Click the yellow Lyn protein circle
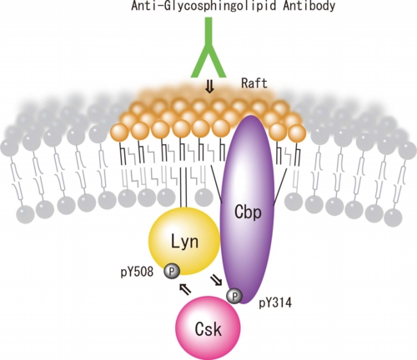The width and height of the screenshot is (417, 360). point(184,242)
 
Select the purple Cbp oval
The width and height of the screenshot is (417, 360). point(248,209)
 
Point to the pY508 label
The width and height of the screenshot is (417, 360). point(137,272)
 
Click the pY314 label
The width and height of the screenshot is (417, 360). point(275,303)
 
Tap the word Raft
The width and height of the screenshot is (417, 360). point(254,83)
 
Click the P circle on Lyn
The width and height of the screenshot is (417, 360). point(172,271)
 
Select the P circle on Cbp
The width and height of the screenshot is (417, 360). point(234,296)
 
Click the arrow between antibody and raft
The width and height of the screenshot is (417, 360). point(209,88)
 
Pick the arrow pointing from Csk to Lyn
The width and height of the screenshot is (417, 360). point(185,289)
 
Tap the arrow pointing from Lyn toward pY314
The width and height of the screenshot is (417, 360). point(216,280)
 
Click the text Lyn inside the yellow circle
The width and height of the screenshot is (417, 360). point(184,241)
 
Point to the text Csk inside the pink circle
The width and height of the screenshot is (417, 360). point(208,329)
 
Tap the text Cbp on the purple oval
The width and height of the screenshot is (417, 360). point(248,212)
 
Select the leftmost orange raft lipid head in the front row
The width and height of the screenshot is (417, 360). point(120,132)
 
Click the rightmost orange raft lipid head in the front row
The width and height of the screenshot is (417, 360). point(297,133)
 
